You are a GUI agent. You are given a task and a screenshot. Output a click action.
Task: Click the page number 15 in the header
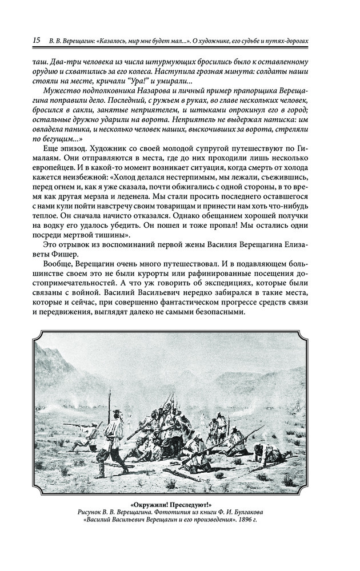click(x=37, y=41)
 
